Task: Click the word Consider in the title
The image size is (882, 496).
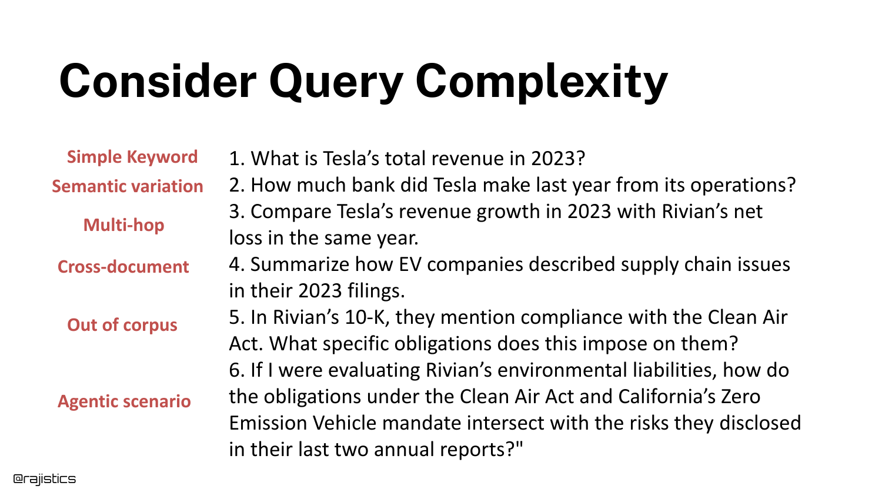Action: point(158,81)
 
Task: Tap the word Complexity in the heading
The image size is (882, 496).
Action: point(542,83)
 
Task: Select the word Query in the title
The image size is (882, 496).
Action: point(336,83)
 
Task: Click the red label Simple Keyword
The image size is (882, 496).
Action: point(132,157)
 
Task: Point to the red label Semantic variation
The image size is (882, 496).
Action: point(128,186)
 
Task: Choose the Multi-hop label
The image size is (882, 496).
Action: point(123,225)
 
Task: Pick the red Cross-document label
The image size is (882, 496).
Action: point(123,267)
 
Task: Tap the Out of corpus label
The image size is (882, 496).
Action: point(122,325)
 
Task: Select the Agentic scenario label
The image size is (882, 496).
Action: point(124,401)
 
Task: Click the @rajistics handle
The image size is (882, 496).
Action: point(44,479)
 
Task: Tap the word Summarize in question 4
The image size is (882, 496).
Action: point(300,264)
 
